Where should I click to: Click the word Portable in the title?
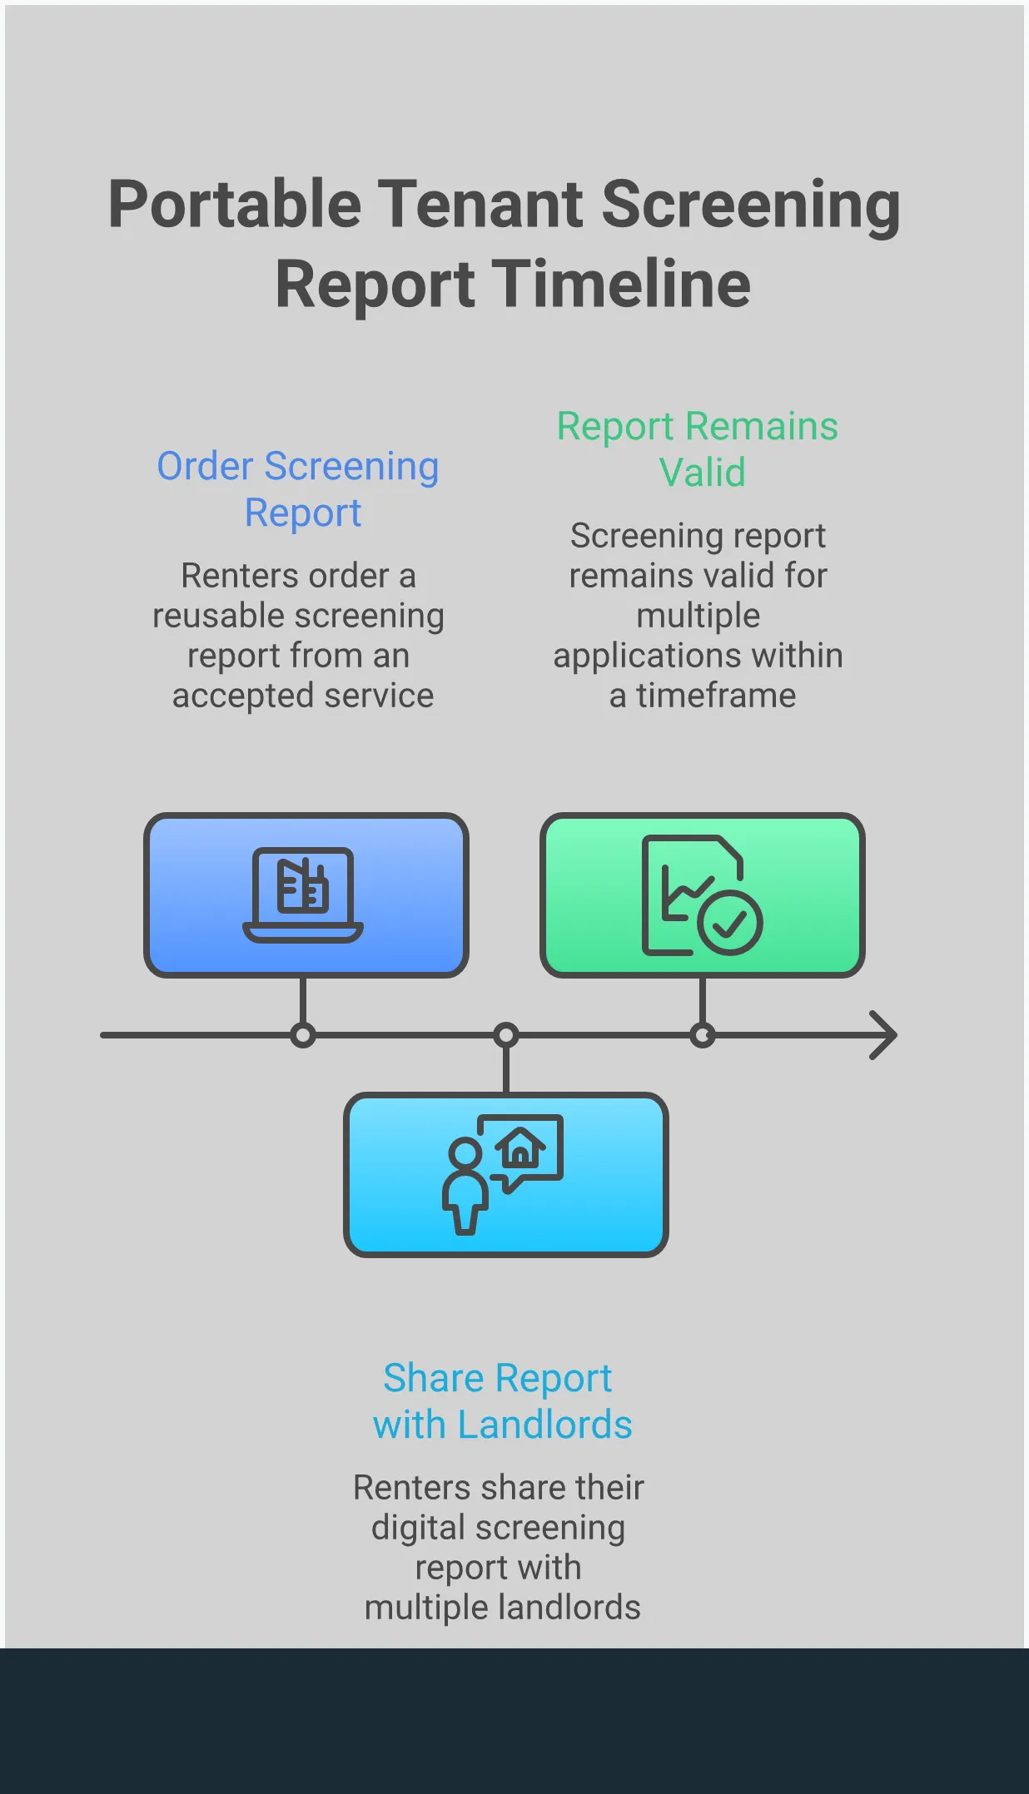234,205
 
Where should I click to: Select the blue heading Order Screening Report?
298,489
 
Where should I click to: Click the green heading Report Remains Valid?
698,448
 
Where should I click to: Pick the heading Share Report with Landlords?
501,1401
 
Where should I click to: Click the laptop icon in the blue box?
303,895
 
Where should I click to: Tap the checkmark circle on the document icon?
730,923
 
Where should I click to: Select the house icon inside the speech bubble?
521,1148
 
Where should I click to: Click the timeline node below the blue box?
303,1035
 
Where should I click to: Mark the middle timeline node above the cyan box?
505,1035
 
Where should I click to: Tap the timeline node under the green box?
703,1035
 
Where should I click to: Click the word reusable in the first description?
218,617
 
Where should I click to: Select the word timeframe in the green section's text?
716,696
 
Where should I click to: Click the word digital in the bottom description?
417,1528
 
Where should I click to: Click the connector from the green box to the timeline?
703,999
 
